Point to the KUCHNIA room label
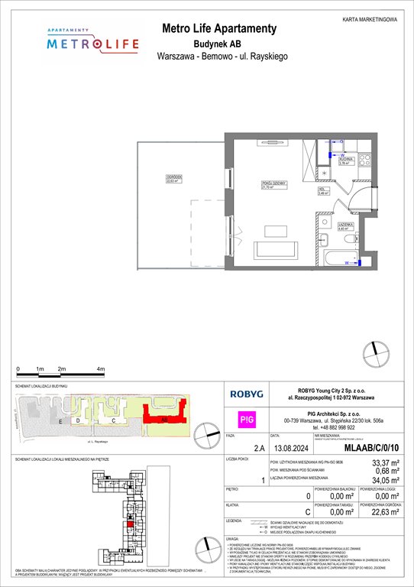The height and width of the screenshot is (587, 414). coord(344,160)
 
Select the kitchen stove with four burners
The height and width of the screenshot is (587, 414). coord(364,161)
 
